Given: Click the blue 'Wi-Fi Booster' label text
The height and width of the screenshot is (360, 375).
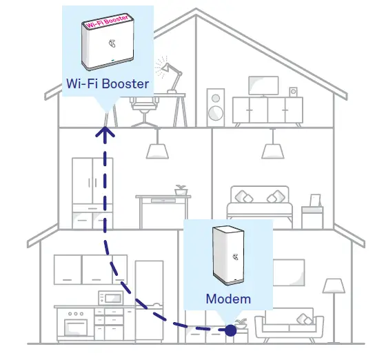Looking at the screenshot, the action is (x=108, y=83).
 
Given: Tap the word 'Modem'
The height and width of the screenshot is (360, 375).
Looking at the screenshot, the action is (x=228, y=299).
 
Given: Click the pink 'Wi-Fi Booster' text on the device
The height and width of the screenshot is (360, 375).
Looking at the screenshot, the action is (x=107, y=21).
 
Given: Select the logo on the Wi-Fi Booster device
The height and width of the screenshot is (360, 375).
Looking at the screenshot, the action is (x=112, y=43).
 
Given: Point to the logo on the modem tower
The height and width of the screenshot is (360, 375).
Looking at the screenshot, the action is (x=236, y=257).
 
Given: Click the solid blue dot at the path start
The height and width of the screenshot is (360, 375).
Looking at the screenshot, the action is (x=230, y=330).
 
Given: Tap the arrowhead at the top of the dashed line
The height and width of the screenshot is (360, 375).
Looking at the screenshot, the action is (x=105, y=132).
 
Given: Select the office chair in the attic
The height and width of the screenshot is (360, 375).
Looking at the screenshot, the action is (x=143, y=111).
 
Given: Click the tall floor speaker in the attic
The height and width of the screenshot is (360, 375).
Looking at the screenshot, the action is (x=216, y=108).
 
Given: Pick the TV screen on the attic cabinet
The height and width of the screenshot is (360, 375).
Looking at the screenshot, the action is (x=263, y=86).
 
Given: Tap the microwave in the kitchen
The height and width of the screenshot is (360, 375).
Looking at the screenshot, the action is (x=111, y=298).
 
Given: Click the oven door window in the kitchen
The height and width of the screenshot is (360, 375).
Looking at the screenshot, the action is (x=76, y=327).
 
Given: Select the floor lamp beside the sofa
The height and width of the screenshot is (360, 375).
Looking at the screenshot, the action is (x=334, y=310).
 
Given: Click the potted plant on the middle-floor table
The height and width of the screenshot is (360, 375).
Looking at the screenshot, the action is (x=181, y=190).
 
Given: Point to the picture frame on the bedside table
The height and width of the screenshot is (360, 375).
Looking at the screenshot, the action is (x=315, y=201).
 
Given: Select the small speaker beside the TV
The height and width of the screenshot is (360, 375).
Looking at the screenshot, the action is (x=293, y=92).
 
